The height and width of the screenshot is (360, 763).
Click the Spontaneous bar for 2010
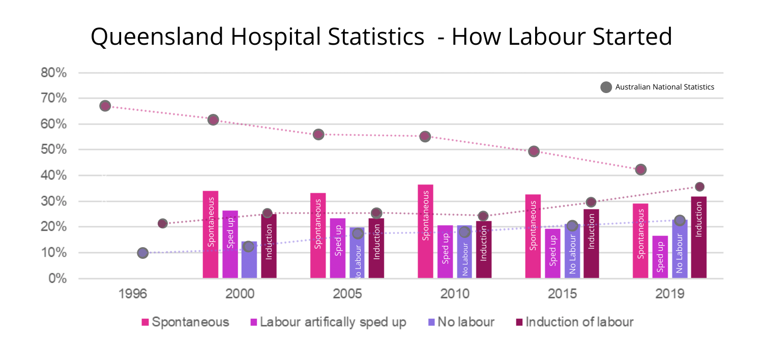pyautogui.click(x=426, y=231)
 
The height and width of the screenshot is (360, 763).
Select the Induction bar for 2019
pyautogui.click(x=698, y=237)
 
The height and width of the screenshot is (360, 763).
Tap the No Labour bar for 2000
pyautogui.click(x=249, y=260)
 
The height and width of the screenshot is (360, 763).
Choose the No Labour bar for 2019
pyautogui.click(x=679, y=249)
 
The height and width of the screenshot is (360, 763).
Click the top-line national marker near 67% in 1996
pyautogui.click(x=105, y=106)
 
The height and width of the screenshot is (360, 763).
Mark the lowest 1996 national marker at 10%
pyautogui.click(x=142, y=253)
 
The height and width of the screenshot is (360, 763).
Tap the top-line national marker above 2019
pyautogui.click(x=641, y=169)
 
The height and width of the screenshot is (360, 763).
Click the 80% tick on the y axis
pyautogui.click(x=54, y=73)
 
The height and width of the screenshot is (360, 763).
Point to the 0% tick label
pyautogui.click(x=57, y=279)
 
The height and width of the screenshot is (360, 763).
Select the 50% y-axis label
pyautogui.click(x=54, y=150)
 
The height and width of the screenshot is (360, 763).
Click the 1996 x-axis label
pyautogui.click(x=133, y=294)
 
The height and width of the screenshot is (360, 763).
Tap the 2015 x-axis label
pyautogui.click(x=563, y=294)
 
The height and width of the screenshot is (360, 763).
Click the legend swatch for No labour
pyautogui.click(x=432, y=322)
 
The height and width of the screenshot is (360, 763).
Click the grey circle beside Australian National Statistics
pyautogui.click(x=606, y=87)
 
